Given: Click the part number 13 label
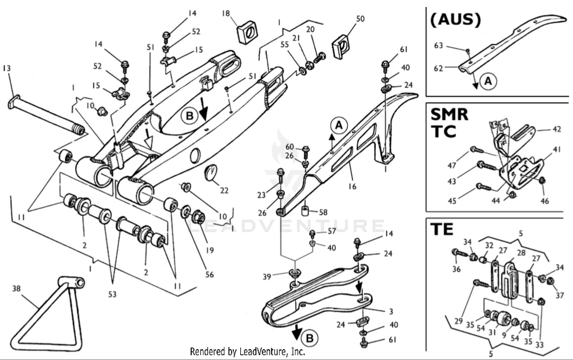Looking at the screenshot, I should tap(6, 68).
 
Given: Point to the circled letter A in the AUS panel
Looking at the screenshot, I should tap(488, 81).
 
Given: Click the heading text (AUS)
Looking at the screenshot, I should tap(455, 19).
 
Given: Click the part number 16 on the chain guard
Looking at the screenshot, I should tap(352, 186).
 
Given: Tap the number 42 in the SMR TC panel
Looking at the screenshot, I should tap(557, 129).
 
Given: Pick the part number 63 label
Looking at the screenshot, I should tap(438, 45).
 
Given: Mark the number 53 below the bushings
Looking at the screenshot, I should tap(112, 294).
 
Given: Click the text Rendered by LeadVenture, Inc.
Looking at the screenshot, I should tap(248, 351).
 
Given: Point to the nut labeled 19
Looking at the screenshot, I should tap(198, 217).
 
